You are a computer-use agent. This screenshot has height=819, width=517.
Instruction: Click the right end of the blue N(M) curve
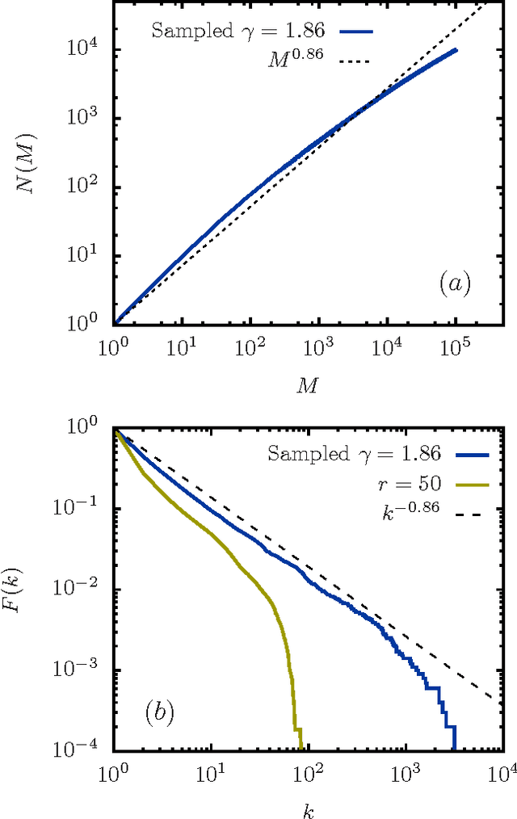tap(456, 50)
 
